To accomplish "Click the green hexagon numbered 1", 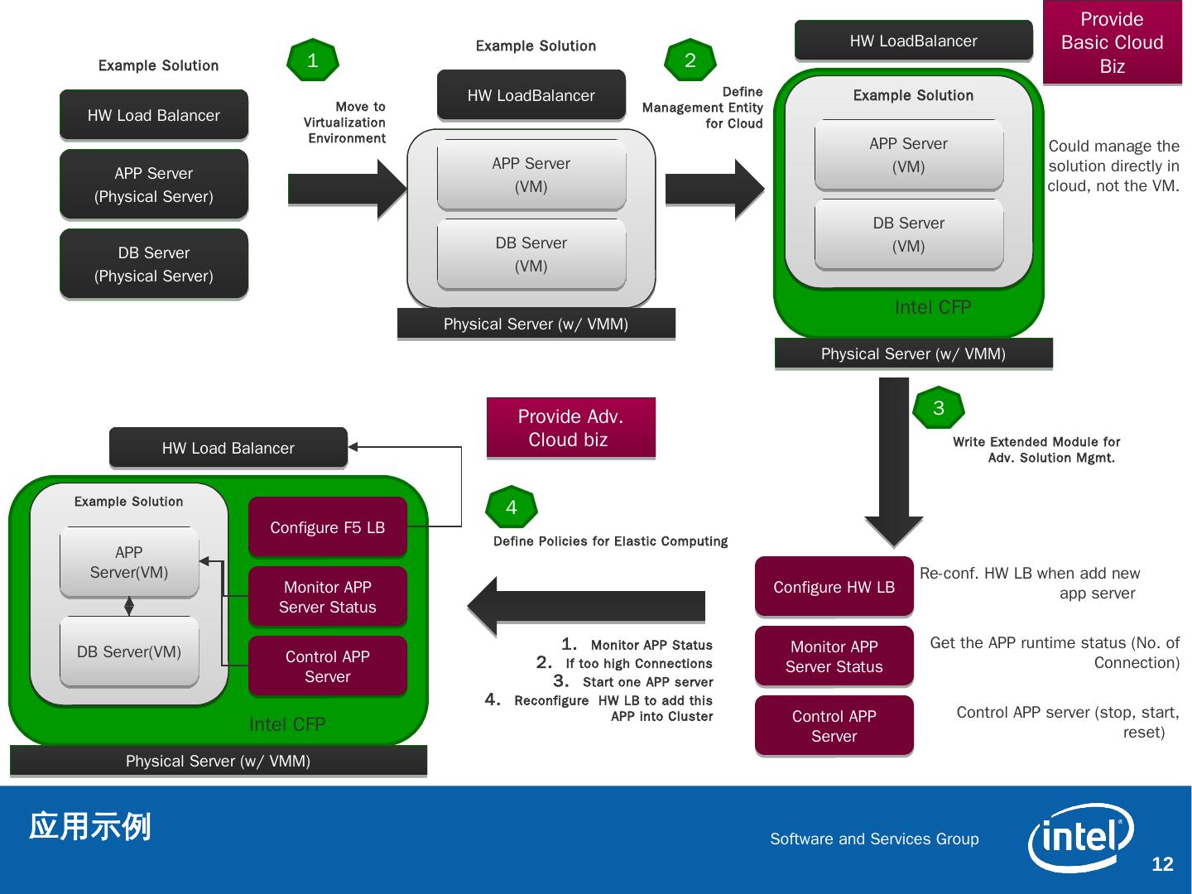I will coord(313,60).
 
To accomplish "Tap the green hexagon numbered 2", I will coord(690,60).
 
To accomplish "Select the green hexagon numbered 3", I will coord(939,408).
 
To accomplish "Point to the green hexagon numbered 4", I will coord(512,507).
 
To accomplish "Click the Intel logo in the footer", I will coord(1080,838).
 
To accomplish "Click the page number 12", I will coord(1162,864).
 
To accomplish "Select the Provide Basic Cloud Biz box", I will coord(1112,42).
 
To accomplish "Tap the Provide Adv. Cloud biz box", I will coord(570,428).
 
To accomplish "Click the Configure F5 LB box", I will coord(328,527).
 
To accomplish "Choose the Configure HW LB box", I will coord(834,587).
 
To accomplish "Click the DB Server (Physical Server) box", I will coord(154,264).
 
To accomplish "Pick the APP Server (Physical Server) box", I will coord(154,185).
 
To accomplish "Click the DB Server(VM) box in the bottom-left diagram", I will coord(129,651).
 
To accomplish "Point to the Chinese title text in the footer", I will coord(90,826).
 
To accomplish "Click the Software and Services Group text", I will coord(874,839).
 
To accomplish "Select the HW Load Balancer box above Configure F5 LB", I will coord(228,448).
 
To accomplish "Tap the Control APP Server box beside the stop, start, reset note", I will coord(834,726).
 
